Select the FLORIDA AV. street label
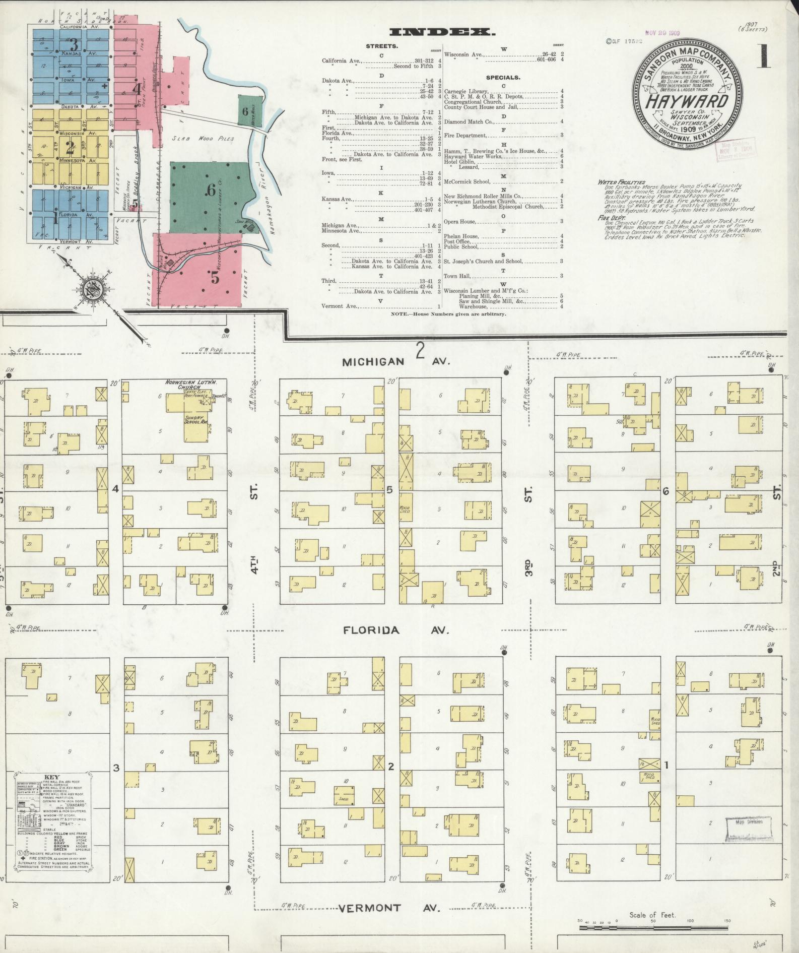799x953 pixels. tap(371, 630)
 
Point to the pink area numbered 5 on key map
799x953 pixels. tap(215, 277)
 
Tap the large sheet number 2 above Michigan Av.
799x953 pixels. tap(420, 350)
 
